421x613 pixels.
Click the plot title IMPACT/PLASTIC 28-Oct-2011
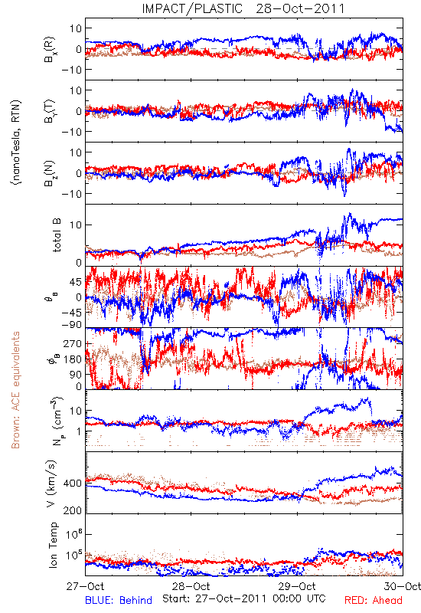click(x=243, y=8)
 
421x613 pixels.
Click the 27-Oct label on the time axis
click(x=86, y=586)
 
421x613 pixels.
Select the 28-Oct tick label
click(x=191, y=586)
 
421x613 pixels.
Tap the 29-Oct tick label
click(x=297, y=586)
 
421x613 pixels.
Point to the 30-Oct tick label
click(x=403, y=586)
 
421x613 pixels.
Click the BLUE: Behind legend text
click(x=119, y=600)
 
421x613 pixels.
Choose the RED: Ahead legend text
click(x=374, y=600)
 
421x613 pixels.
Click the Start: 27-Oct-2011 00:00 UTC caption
click(x=243, y=598)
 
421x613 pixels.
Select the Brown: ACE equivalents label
click(x=15, y=390)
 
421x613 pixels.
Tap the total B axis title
click(x=56, y=235)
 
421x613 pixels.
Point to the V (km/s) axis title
click(x=51, y=484)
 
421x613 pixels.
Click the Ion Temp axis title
click(x=53, y=545)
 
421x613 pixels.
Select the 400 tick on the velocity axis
click(x=73, y=484)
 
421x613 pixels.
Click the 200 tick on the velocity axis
click(x=73, y=510)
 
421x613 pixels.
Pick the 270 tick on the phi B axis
click(x=73, y=343)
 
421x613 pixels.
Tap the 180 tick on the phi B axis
click(x=73, y=359)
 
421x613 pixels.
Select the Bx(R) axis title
click(x=50, y=49)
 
